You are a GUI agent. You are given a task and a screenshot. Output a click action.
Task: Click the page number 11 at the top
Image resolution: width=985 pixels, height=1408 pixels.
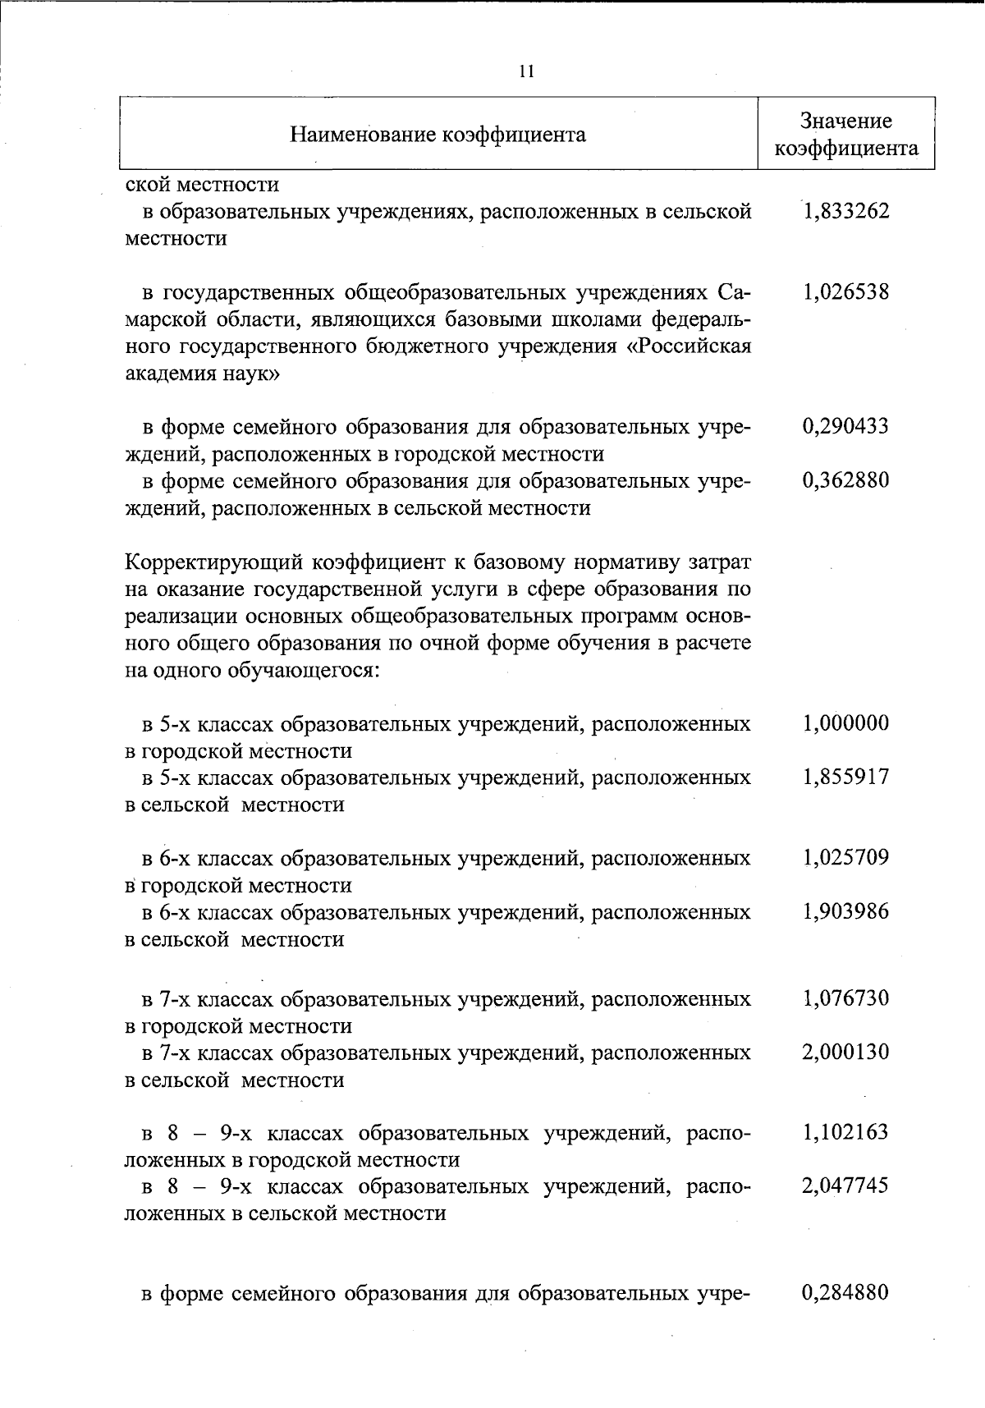coord(526,71)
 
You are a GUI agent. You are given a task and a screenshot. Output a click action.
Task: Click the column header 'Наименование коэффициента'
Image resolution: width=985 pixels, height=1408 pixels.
coord(438,134)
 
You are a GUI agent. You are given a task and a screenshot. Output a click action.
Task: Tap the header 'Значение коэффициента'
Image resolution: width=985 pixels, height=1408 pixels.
coord(846,135)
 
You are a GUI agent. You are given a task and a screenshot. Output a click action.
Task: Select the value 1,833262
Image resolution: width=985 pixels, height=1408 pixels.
coord(846,212)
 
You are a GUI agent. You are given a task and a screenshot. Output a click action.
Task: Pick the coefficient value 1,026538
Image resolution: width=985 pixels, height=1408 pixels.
coord(846,292)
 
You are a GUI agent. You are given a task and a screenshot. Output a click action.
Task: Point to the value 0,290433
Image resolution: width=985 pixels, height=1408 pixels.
coord(846,427)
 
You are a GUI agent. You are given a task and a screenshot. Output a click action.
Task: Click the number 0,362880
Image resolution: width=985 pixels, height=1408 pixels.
coord(846,480)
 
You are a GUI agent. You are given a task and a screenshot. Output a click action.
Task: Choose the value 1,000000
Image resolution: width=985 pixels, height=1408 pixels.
coord(846,724)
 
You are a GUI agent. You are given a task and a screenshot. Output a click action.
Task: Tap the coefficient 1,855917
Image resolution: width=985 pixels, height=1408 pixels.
coord(846,777)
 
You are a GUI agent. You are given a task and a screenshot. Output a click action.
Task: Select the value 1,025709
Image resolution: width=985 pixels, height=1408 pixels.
coord(846,859)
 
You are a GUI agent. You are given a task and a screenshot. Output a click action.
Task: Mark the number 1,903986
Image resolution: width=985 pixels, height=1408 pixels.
coord(846,912)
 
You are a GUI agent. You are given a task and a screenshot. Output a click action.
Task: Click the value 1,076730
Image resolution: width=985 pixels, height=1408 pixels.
coord(846,999)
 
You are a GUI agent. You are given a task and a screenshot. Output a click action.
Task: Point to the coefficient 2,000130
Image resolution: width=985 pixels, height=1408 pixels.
coord(846,1053)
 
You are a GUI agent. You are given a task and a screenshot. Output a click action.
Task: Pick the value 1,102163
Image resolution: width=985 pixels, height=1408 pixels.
coord(846,1133)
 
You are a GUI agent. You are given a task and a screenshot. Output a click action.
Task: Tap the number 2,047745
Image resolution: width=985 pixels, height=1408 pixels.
coord(846,1186)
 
